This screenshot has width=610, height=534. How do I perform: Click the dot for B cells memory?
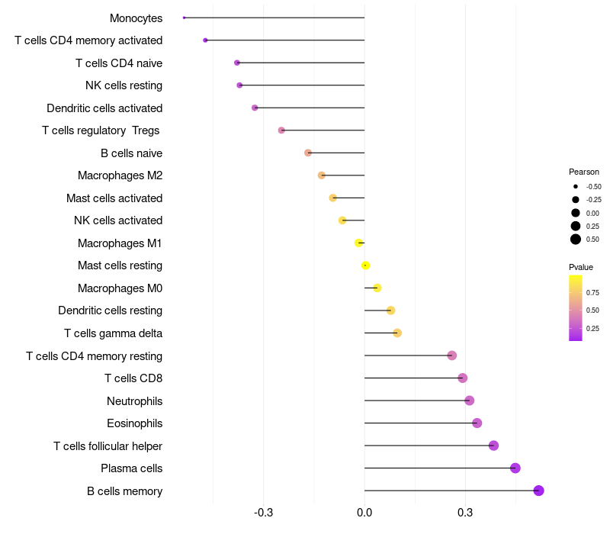pyautogui.click(x=538, y=491)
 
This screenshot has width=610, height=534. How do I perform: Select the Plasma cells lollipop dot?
pyautogui.click(x=515, y=468)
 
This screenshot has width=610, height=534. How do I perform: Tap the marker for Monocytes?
pyautogui.click(x=185, y=18)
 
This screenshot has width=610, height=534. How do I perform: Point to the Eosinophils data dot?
pyautogui.click(x=477, y=423)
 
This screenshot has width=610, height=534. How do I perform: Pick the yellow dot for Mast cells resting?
pyautogui.click(x=366, y=265)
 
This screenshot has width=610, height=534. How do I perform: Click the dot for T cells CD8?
pyautogui.click(x=462, y=378)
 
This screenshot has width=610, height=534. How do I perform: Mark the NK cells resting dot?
pyautogui.click(x=239, y=85)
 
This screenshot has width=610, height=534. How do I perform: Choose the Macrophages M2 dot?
pyautogui.click(x=322, y=175)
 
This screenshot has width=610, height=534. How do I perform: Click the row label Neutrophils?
pyautogui.click(x=134, y=400)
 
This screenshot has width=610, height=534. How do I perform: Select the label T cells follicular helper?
pyautogui.click(x=108, y=446)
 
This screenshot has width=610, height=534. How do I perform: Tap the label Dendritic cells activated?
pyautogui.click(x=104, y=108)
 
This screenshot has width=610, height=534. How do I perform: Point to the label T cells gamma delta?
pyautogui.click(x=113, y=333)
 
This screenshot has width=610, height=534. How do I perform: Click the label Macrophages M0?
pyautogui.click(x=120, y=288)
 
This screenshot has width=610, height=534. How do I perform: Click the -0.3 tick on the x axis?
pyautogui.click(x=263, y=512)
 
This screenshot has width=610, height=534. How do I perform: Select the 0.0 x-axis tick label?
pyautogui.click(x=364, y=512)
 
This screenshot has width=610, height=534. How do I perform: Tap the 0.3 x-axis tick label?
pyautogui.click(x=466, y=512)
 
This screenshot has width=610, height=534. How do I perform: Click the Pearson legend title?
pyautogui.click(x=584, y=172)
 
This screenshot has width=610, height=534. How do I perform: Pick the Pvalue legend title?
pyautogui.click(x=581, y=267)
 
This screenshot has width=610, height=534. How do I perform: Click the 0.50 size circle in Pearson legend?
pyautogui.click(x=576, y=240)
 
